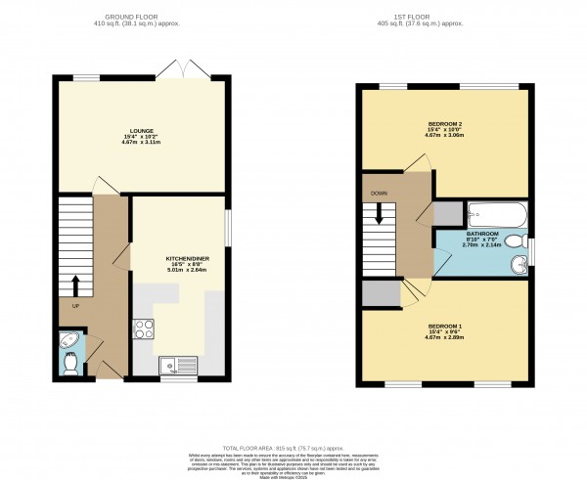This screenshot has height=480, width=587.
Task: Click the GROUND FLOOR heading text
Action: click(x=145, y=18)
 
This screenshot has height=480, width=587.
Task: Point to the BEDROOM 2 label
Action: click(x=445, y=124)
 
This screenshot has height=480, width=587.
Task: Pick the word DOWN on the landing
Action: click(x=379, y=194)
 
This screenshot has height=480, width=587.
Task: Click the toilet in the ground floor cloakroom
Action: click(x=70, y=362)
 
